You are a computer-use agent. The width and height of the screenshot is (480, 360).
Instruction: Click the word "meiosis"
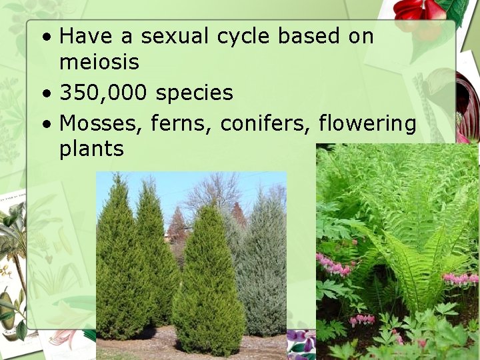(x=99, y=62)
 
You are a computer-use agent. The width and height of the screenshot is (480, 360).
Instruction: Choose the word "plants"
(x=91, y=149)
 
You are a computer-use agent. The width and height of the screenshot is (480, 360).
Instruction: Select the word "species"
(x=194, y=93)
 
